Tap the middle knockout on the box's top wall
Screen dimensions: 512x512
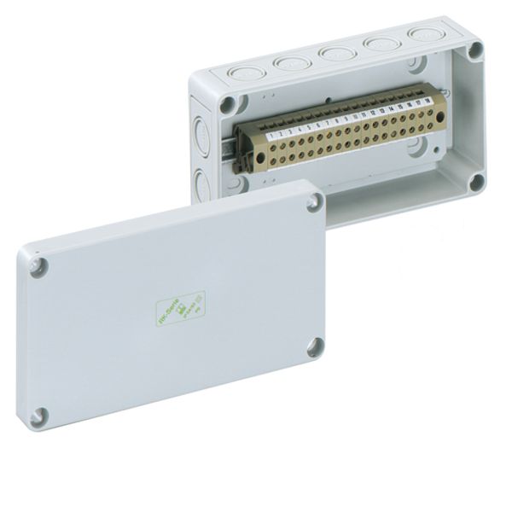[331, 55]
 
